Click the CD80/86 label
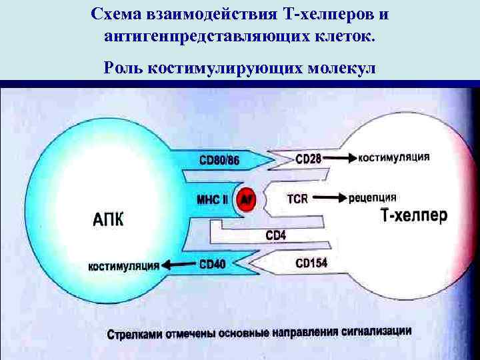[x=219, y=160]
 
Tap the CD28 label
[x=307, y=159]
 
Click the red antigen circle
[x=247, y=199]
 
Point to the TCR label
[x=297, y=198]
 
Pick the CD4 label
[x=275, y=234]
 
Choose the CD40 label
[x=212, y=265]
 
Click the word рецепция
[x=372, y=197]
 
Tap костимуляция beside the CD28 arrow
[x=393, y=158]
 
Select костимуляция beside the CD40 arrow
[x=124, y=266]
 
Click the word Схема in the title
[x=121, y=14]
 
